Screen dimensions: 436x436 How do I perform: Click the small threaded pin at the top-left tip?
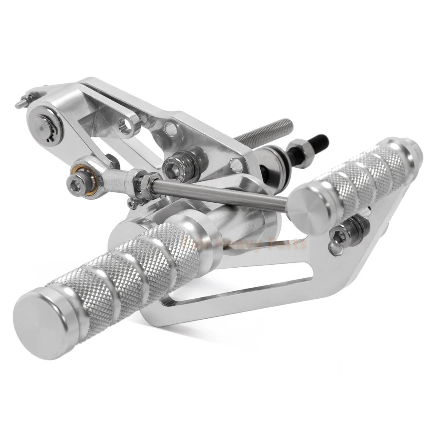click(x=20, y=104)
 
